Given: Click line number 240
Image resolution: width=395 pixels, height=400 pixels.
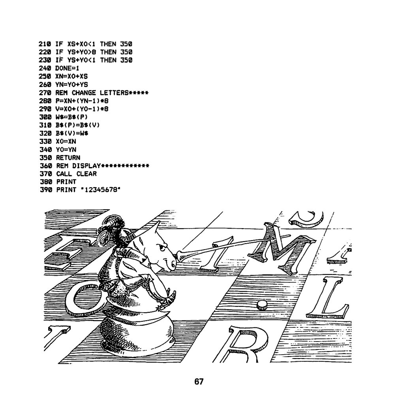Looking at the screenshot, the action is point(45,68).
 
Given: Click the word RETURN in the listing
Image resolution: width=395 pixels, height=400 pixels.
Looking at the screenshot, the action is point(68,158).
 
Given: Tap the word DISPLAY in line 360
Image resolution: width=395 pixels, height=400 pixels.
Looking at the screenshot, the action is point(87,166).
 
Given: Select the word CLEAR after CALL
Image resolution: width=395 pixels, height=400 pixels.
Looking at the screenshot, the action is point(87,174).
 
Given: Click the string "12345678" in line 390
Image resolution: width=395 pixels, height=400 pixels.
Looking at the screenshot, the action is point(101,190).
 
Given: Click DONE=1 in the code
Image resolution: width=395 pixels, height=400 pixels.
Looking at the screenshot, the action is point(67,68).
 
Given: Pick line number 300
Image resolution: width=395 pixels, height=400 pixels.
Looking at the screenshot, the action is point(45,117).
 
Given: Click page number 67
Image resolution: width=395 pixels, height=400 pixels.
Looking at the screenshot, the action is point(199,381).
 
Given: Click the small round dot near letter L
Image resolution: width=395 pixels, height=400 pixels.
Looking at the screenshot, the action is point(261,305).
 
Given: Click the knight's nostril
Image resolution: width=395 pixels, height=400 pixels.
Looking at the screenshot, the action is point(173,265).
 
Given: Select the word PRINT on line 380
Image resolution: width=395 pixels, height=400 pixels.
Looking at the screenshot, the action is point(66,182).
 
